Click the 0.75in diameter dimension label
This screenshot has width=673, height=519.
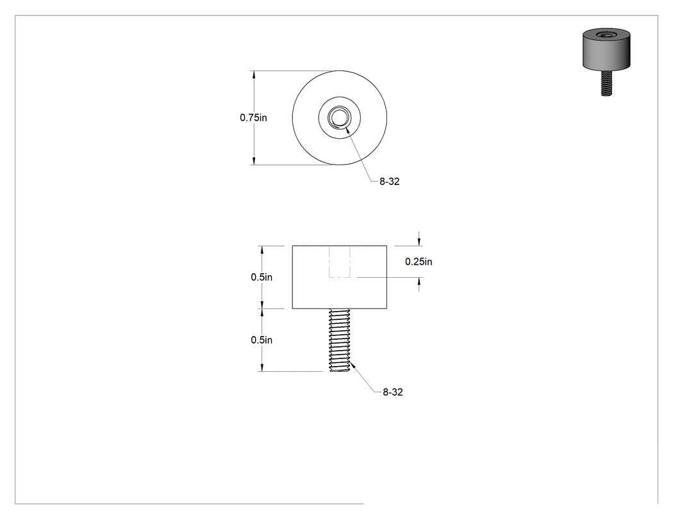pyautogui.click(x=253, y=117)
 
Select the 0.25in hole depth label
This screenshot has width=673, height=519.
pyautogui.click(x=419, y=262)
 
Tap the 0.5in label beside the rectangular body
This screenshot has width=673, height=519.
pyautogui.click(x=262, y=277)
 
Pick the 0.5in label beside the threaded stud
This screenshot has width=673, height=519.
pyautogui.click(x=262, y=340)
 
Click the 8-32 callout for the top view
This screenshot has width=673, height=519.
pyautogui.click(x=389, y=182)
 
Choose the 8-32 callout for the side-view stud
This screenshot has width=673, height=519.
pyautogui.click(x=393, y=392)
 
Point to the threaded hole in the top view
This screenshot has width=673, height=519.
pyautogui.click(x=340, y=117)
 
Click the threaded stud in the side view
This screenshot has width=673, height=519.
pyautogui.click(x=340, y=340)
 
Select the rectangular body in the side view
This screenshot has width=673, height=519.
pyautogui.click(x=340, y=277)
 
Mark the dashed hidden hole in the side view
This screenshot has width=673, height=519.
pyautogui.click(x=340, y=262)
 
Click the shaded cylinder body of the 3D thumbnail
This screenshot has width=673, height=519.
pyautogui.click(x=606, y=51)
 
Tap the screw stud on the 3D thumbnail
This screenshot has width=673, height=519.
pyautogui.click(x=606, y=83)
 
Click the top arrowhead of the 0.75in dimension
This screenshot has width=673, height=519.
pyautogui.click(x=254, y=75)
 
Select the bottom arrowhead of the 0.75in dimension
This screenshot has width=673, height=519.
pyautogui.click(x=254, y=161)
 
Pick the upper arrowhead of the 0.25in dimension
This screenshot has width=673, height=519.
pyautogui.click(x=419, y=242)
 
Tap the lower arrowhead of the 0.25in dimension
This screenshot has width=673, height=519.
pyautogui.click(x=419, y=282)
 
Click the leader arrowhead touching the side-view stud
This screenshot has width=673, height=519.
pyautogui.click(x=353, y=365)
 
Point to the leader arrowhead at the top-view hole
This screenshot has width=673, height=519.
pyautogui.click(x=346, y=129)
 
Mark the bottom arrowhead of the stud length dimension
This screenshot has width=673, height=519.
pyautogui.click(x=262, y=367)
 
